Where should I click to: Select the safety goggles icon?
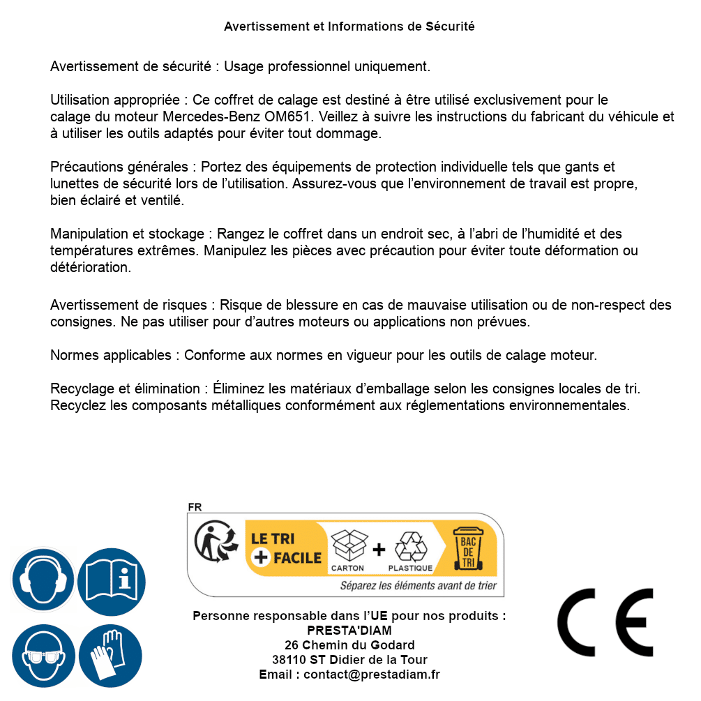click(x=43, y=656)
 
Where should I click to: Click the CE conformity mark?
click(x=605, y=622)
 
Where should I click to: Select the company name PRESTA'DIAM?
click(x=349, y=631)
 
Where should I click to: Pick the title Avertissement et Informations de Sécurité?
click(x=349, y=27)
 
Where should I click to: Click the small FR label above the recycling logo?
click(x=195, y=507)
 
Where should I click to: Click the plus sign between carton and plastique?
click(x=379, y=550)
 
